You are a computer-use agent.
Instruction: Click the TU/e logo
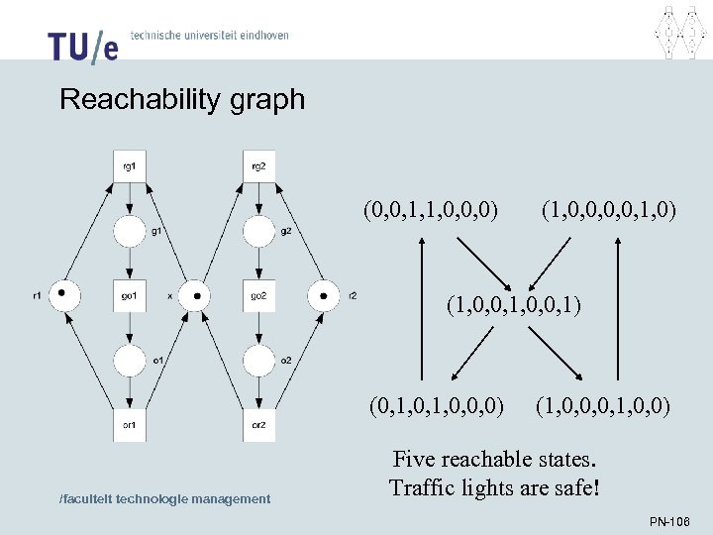[x=82, y=45]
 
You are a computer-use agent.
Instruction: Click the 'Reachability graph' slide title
[x=182, y=99]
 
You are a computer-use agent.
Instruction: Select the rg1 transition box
[x=130, y=166]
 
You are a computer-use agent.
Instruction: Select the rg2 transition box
[x=258, y=166]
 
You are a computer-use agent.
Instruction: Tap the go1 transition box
[x=130, y=295]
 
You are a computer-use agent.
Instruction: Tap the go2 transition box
[x=258, y=295]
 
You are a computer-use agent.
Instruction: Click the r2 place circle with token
[x=323, y=294]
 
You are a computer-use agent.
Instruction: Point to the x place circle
[x=194, y=294]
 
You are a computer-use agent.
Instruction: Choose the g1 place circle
[x=130, y=232]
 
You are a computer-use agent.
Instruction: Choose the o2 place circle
[x=258, y=360]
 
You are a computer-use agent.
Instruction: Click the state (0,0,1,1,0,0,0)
[x=430, y=210]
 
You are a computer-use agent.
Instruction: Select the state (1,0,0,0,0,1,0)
[x=609, y=210]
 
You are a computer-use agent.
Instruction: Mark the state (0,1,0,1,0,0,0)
[x=437, y=404]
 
